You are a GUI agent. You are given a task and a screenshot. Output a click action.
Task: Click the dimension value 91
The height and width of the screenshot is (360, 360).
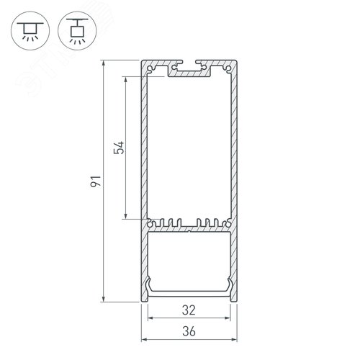coord(96,181)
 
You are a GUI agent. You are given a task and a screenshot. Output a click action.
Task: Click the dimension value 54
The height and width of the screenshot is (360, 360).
coord(119,148)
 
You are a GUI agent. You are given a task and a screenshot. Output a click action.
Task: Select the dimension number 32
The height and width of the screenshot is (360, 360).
coord(189,310)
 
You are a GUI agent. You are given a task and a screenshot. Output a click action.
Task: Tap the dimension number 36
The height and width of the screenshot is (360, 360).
coord(189,331)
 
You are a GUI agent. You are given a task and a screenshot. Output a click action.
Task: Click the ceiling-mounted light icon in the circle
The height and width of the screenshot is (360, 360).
coord(30,31)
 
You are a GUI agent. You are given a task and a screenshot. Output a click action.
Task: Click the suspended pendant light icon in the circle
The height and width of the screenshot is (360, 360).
coord(77,31)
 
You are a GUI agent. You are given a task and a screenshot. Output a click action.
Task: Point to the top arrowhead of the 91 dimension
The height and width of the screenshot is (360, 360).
coord(104,63)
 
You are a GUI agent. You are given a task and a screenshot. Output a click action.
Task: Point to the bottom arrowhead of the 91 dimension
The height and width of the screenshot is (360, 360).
coord(104,299)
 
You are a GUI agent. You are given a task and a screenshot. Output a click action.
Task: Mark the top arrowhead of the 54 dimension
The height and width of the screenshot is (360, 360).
coord(125,80)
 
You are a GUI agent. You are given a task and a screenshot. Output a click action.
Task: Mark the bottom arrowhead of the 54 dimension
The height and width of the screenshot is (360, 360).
coord(125,216)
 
